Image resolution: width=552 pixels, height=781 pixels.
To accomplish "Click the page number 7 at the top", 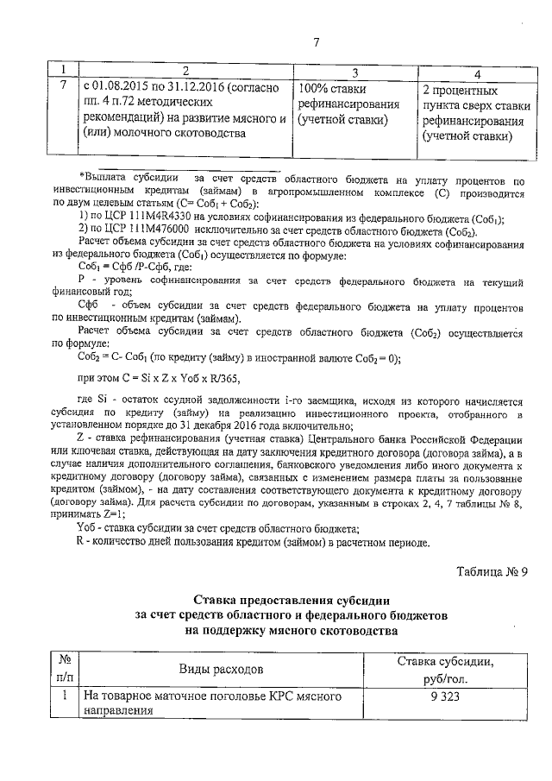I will coord(317,42).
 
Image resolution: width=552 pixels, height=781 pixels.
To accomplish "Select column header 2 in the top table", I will coord(185,70).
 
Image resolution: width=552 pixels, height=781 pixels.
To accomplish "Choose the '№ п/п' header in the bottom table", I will coord(62,669).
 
